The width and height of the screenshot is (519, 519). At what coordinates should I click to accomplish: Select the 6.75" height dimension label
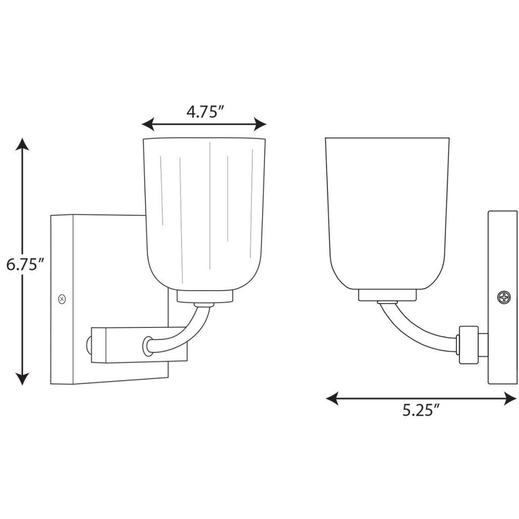pyautogui.click(x=25, y=265)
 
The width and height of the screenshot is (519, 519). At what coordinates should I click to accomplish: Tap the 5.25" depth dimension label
pyautogui.click(x=421, y=411)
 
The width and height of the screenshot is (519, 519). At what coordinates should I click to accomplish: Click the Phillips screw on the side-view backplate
pyautogui.click(x=504, y=297)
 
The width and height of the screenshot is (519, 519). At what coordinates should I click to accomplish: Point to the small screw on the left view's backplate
pyautogui.click(x=62, y=299)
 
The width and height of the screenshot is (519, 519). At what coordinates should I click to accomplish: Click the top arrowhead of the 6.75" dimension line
pyautogui.click(x=22, y=144)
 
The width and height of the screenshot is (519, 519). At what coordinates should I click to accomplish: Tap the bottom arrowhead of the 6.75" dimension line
pyautogui.click(x=22, y=379)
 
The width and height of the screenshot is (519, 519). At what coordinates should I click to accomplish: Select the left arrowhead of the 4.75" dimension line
pyautogui.click(x=148, y=124)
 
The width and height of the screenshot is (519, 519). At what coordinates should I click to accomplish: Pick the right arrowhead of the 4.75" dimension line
pyautogui.click(x=260, y=124)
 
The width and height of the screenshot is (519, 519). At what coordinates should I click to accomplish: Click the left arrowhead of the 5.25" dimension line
pyautogui.click(x=333, y=398)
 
